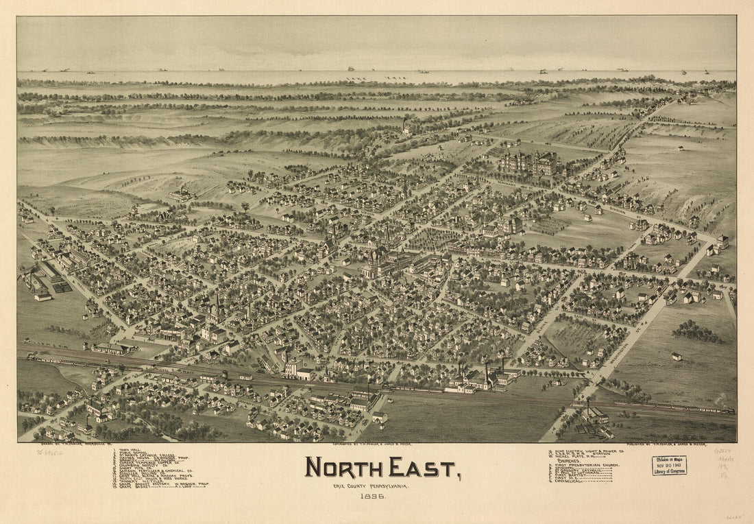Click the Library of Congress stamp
tap(669, 466)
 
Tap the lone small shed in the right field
tap(677, 356)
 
